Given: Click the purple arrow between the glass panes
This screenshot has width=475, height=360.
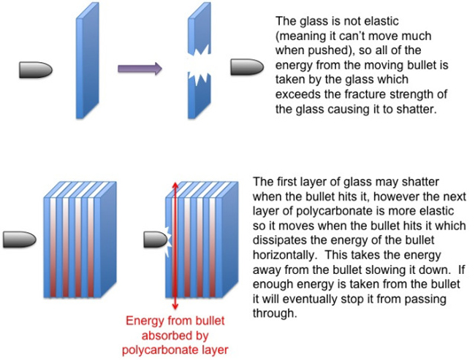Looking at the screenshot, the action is click(x=140, y=69).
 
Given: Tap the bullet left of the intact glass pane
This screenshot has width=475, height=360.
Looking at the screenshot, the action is click(x=36, y=70).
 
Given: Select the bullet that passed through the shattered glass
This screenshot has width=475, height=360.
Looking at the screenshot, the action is click(x=247, y=67).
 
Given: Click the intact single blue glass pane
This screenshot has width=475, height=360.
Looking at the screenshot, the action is click(x=87, y=61).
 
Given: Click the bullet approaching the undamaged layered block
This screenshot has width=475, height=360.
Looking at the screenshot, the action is click(x=20, y=240).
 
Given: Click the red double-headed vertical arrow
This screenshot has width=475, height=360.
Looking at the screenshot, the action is click(x=175, y=245).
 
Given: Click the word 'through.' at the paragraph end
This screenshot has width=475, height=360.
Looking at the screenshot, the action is click(x=274, y=313).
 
